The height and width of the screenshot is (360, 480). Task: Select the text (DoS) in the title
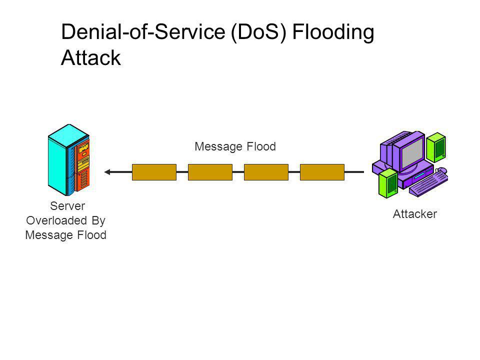(258, 32)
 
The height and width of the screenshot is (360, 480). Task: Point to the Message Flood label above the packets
(235, 146)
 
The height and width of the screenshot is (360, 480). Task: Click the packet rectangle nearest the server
(154, 172)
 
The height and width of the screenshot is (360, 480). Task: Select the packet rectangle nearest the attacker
(322, 172)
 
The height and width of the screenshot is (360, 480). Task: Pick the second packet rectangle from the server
(210, 172)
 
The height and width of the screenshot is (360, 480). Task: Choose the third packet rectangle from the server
(266, 172)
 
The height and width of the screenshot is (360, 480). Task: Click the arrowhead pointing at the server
(107, 172)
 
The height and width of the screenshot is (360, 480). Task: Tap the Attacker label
(415, 214)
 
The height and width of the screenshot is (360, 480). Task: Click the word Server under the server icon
(67, 206)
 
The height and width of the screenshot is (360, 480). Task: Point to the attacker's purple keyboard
(428, 184)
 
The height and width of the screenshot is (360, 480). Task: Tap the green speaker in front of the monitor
(388, 183)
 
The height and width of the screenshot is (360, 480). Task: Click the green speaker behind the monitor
(436, 147)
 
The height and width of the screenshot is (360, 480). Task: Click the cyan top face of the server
(68, 135)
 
